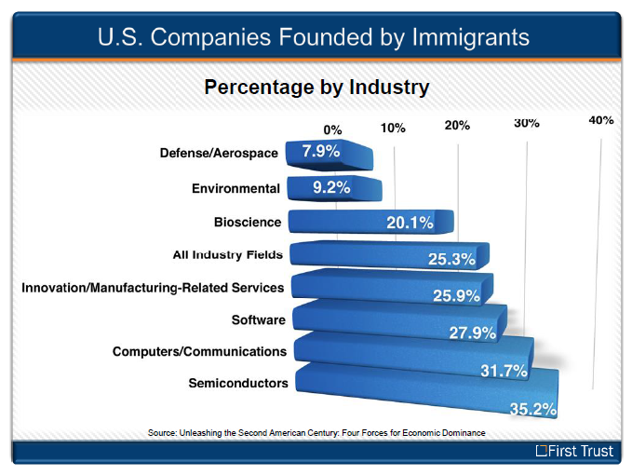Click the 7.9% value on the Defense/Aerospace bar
click(x=321, y=151)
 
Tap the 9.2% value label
click(x=331, y=187)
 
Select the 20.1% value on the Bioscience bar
click(x=410, y=223)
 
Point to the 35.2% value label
click(x=533, y=409)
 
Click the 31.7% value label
click(x=504, y=371)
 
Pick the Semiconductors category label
click(x=238, y=383)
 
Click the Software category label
click(x=259, y=320)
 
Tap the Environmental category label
click(x=235, y=189)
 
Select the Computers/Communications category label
click(x=199, y=352)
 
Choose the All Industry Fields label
click(x=228, y=255)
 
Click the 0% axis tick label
click(x=332, y=129)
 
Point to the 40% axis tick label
click(x=601, y=120)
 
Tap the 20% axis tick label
click(x=457, y=126)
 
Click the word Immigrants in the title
click(x=470, y=37)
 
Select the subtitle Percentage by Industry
click(x=316, y=88)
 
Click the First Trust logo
click(x=574, y=451)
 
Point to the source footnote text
click(x=316, y=433)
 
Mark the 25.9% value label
click(x=457, y=296)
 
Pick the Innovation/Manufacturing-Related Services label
click(x=153, y=288)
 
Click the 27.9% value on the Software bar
click(x=473, y=333)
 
